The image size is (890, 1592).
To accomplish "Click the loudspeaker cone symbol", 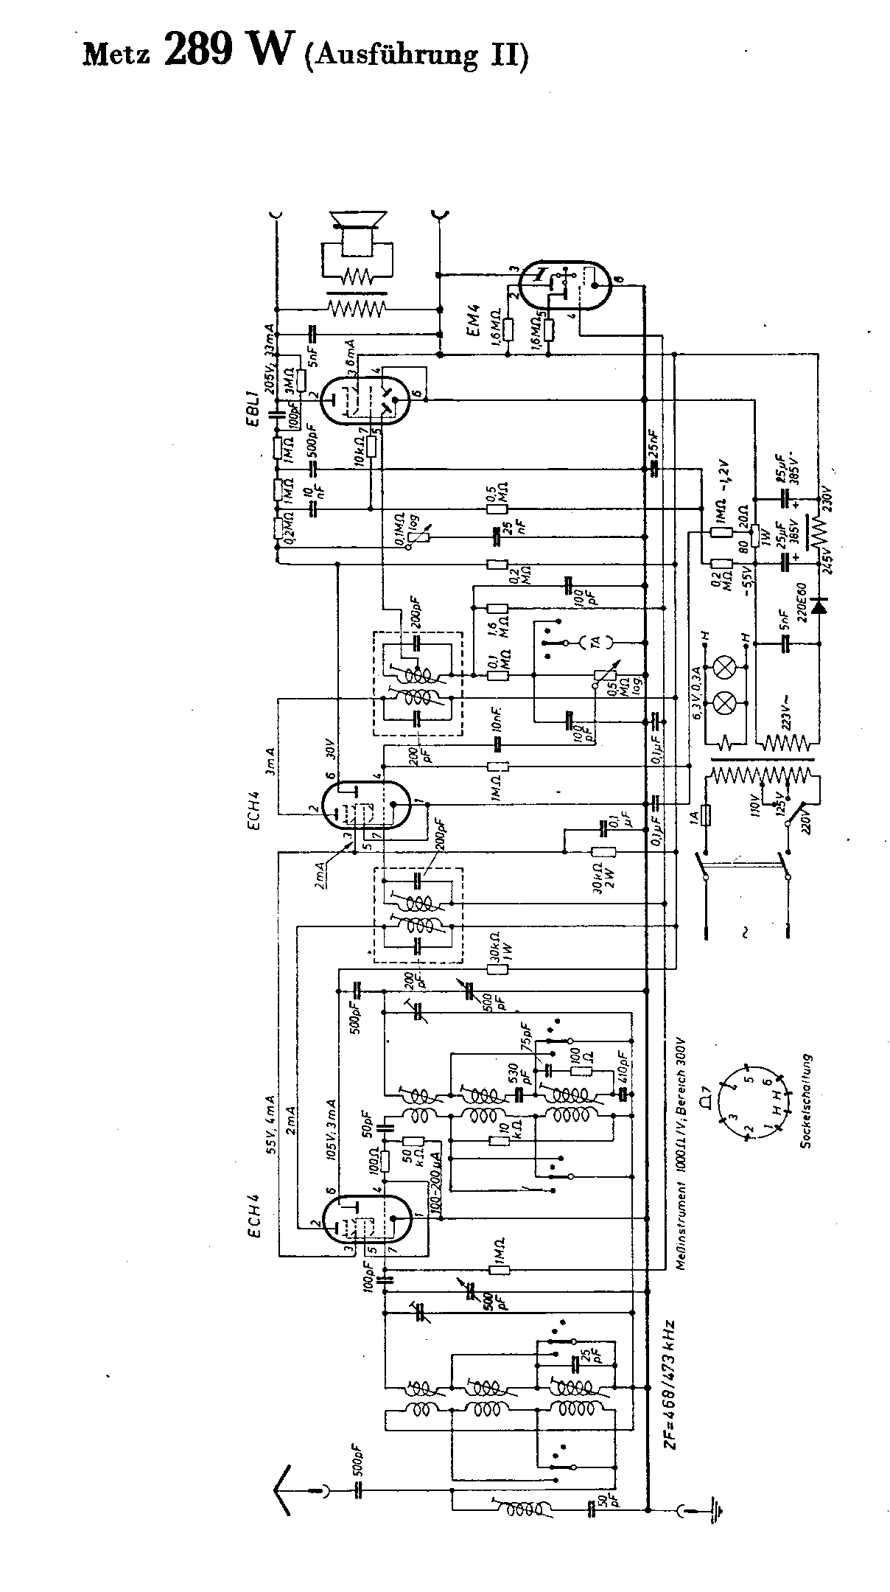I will (x=358, y=220).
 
